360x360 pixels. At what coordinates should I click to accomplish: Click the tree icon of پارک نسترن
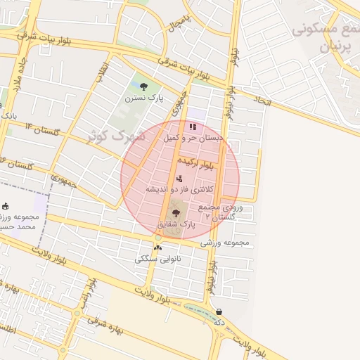point(144,87)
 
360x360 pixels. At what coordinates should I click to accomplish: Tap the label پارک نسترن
point(144,98)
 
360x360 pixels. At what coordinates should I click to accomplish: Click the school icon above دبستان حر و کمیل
point(192,127)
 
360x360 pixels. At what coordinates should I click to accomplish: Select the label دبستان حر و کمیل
point(192,139)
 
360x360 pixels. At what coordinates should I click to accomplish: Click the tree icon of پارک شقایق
point(175,212)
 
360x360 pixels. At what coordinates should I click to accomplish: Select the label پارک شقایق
point(175,224)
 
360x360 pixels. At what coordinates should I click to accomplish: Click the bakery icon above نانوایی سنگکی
point(157,247)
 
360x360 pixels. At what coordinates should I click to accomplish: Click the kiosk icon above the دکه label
point(219,311)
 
